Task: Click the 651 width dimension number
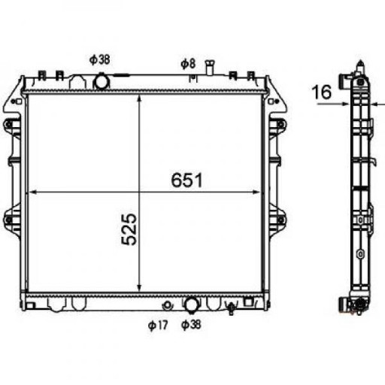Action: coord(186,180)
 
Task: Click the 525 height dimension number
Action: coord(129,229)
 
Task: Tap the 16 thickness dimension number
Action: coord(322,92)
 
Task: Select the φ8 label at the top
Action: coord(188,64)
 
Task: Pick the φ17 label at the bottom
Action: coord(158,325)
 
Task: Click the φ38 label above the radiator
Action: coord(100,59)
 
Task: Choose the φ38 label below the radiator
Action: coord(191,325)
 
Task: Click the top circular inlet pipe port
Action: coord(102,81)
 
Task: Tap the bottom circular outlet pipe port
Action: coord(192,305)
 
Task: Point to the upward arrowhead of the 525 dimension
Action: coord(140,99)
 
